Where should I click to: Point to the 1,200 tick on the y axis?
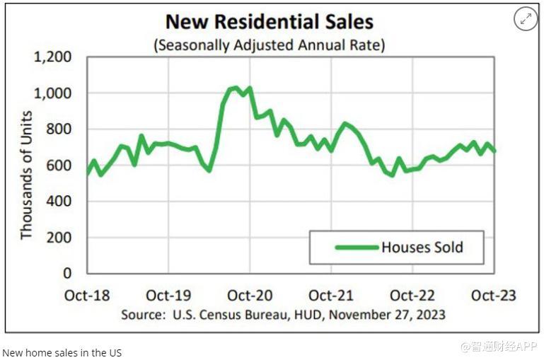coord(53,57)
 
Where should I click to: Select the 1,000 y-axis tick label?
coord(53,93)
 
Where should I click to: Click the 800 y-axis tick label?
coord(60,129)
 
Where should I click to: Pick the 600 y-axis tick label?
coord(60,166)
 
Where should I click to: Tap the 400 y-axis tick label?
coord(60,202)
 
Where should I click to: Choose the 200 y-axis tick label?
coord(60,238)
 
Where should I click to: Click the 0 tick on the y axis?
coord(68,273)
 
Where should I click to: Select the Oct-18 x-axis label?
coord(87,295)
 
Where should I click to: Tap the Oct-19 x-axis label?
coord(168,295)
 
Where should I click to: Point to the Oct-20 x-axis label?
coord(250,295)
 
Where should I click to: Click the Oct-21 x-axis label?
coord(331,295)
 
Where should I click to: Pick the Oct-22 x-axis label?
coord(413,295)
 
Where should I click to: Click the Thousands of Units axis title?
coord(26,174)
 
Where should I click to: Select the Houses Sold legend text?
coord(422,248)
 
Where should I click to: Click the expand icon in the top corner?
coord(526,20)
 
